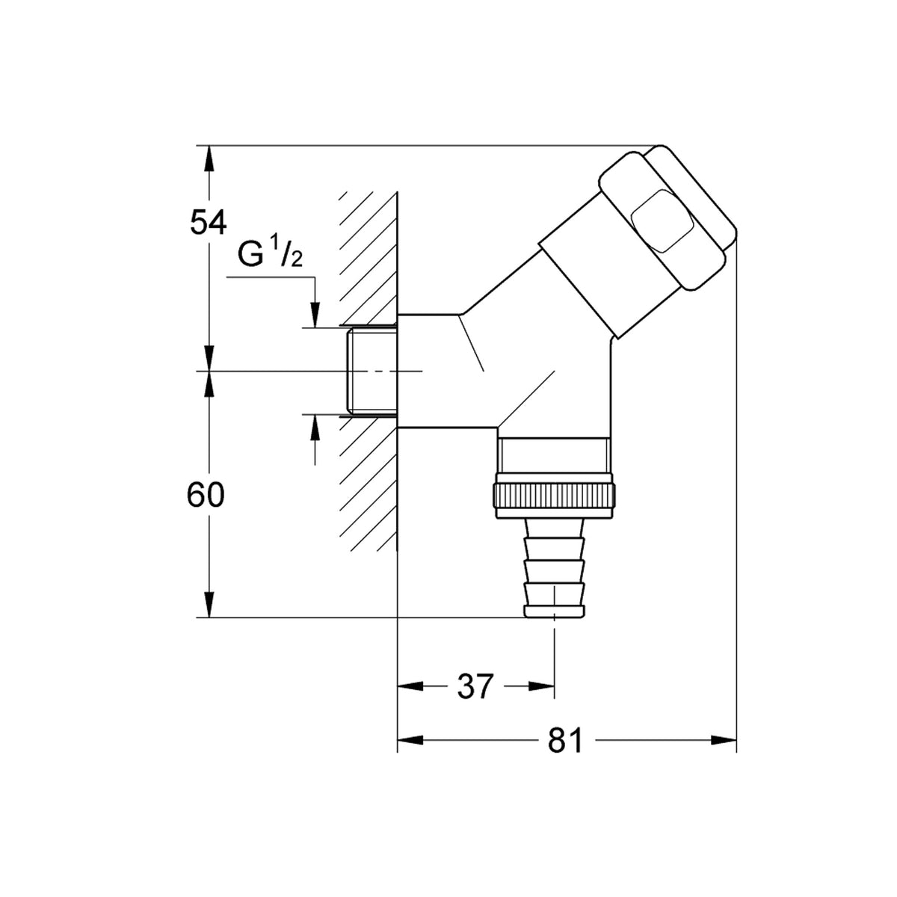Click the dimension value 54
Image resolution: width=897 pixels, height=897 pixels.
[208, 222]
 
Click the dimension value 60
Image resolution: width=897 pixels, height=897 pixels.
[206, 495]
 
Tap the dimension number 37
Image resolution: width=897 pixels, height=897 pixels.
[475, 686]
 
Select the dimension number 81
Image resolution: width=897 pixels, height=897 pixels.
[565, 741]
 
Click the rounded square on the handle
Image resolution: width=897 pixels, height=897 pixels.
[662, 221]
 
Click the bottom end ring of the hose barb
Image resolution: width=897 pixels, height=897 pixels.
[554, 611]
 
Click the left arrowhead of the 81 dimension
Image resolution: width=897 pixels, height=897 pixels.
[410, 741]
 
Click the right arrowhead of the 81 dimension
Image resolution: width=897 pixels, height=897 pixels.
[724, 741]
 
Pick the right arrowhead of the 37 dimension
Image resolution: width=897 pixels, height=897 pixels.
[541, 686]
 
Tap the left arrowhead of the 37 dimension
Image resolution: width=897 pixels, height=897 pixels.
[410, 686]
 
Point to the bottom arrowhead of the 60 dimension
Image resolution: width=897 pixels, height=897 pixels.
[209, 605]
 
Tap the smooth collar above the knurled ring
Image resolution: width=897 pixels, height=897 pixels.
[554, 456]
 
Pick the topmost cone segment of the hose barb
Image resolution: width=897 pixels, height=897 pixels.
[554, 528]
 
